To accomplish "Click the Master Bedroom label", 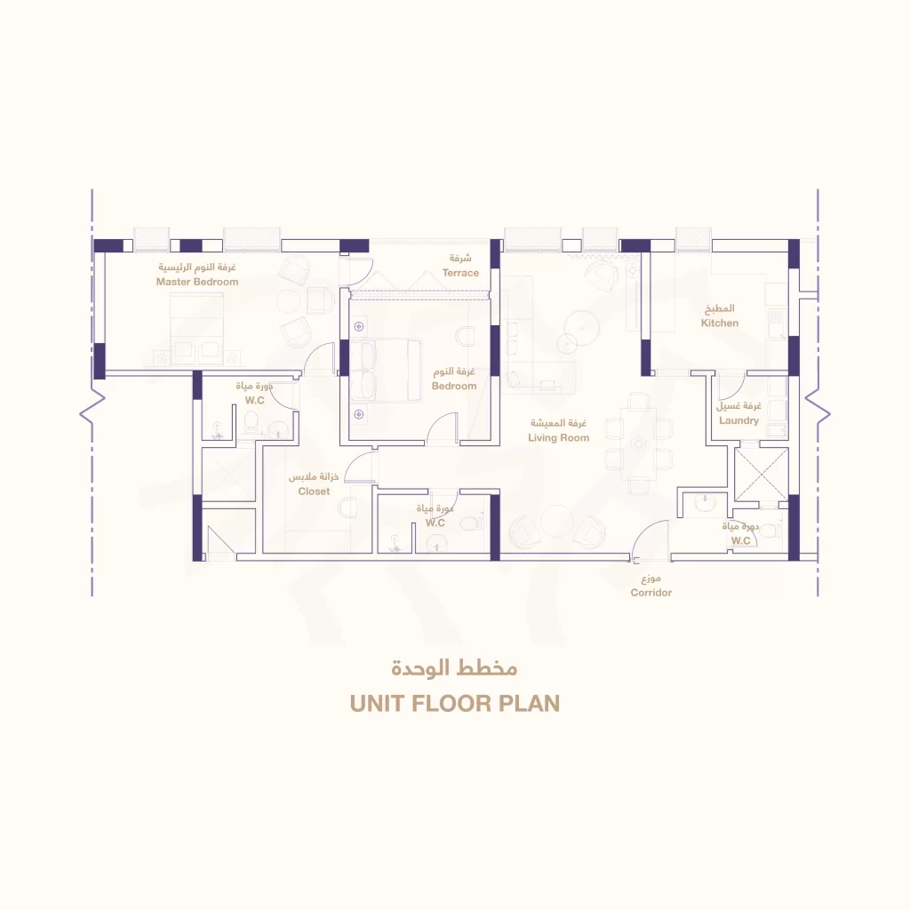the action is [x=197, y=282].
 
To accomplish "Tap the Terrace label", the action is [x=461, y=273].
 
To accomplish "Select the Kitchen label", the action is [x=720, y=323].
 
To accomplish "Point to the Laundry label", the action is [x=738, y=420].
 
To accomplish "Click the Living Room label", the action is [x=558, y=438].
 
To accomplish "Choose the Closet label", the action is [x=314, y=491].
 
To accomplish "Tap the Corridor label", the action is [x=651, y=593].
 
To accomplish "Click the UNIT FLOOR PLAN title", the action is [x=455, y=704].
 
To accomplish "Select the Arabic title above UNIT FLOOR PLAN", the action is [x=454, y=668].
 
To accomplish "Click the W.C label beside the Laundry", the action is [x=740, y=541].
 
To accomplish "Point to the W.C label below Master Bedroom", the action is [x=254, y=401].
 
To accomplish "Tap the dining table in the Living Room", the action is [x=638, y=444].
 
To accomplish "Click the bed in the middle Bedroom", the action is [x=386, y=371].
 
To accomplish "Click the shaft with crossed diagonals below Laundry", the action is [x=762, y=475].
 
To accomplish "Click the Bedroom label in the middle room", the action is [x=454, y=387].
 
